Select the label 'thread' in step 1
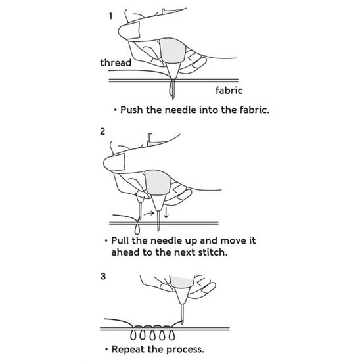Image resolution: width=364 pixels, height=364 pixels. [x=116, y=63]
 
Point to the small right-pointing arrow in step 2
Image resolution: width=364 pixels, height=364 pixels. [x=151, y=212]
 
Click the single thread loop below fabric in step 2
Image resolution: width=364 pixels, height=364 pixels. [x=136, y=229]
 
